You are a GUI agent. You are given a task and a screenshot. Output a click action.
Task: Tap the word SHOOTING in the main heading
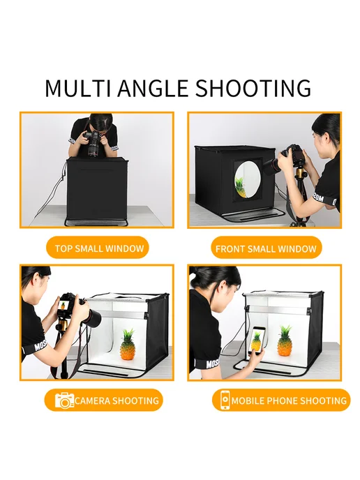pyautogui.click(x=253, y=88)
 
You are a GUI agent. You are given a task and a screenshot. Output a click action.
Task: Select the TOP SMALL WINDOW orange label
pyautogui.click(x=98, y=248)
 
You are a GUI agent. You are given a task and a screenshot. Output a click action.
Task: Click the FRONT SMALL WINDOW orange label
pyautogui.click(x=267, y=248)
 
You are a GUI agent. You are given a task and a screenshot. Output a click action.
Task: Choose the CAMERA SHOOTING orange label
pyautogui.click(x=104, y=400)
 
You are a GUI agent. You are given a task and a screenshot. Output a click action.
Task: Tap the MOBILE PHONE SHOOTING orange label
pyautogui.click(x=281, y=400)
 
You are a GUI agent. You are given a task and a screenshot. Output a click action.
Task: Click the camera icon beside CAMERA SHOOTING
pyautogui.click(x=64, y=400)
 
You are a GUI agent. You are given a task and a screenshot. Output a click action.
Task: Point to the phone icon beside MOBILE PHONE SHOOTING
pyautogui.click(x=225, y=400)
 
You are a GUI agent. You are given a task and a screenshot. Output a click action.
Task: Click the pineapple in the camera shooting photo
pyautogui.click(x=128, y=345)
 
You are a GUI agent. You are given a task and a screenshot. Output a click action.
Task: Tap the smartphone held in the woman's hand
pyautogui.click(x=257, y=340)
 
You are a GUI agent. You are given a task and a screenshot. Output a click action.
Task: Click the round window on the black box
pyautogui.click(x=248, y=179)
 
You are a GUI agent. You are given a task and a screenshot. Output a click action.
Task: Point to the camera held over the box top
pyautogui.click(x=93, y=143)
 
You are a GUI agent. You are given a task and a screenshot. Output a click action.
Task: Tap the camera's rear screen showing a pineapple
pyautogui.click(x=63, y=306)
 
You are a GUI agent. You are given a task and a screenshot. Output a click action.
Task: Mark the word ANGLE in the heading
pyautogui.click(x=153, y=88)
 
